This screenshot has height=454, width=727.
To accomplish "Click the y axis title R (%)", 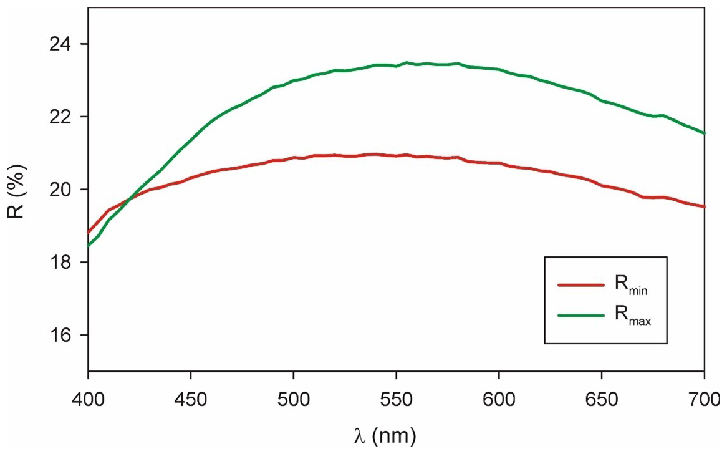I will coord(18,190).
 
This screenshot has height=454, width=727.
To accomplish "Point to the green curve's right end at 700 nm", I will coord(704,133).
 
